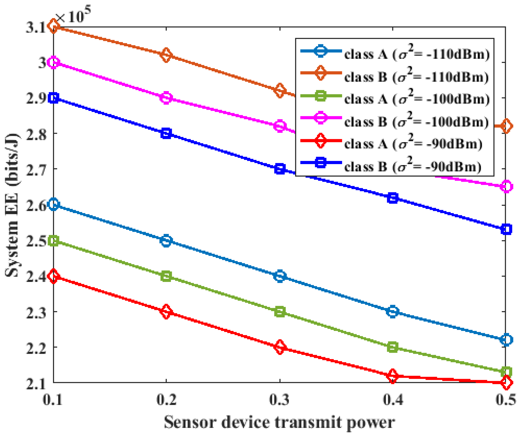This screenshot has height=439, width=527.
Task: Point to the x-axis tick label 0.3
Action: pyautogui.click(x=280, y=399)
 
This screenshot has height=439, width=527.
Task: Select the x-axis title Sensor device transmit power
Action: pyautogui.click(x=279, y=422)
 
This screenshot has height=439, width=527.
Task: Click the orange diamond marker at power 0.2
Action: pyautogui.click(x=166, y=55)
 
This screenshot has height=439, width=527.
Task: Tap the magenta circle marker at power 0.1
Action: pyautogui.click(x=53, y=62)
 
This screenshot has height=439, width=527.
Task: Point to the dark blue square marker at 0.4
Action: pyautogui.click(x=393, y=198)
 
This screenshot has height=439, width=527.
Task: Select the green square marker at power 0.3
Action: pyautogui.click(x=280, y=312)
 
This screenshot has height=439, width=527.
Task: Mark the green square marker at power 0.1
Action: pyautogui.click(x=53, y=241)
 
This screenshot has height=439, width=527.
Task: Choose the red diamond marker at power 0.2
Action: pyautogui.click(x=166, y=312)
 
